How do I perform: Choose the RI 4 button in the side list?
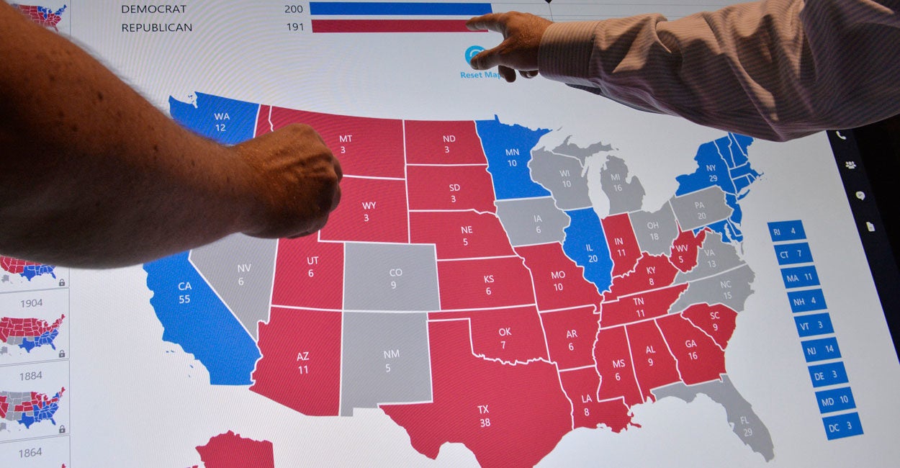click(x=785, y=231)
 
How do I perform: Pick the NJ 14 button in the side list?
click(x=821, y=348)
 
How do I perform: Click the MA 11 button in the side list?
click(x=799, y=276)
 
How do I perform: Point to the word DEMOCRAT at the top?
click(x=153, y=9)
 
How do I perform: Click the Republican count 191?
click(x=294, y=27)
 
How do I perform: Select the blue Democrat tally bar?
click(x=400, y=9)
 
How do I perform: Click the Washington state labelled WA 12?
click(x=216, y=120)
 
